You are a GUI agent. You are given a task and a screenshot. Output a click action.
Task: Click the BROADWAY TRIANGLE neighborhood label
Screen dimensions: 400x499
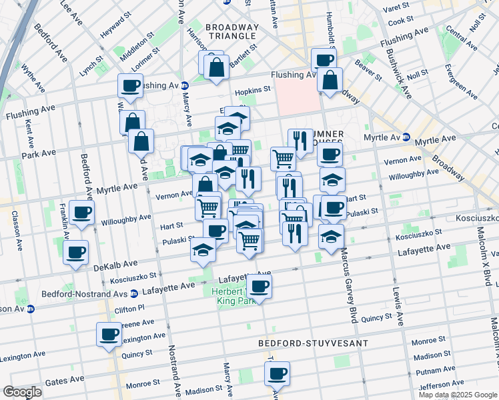[x=231, y=31]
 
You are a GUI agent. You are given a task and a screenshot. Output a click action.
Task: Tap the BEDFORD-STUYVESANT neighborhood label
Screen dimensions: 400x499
[x=314, y=343]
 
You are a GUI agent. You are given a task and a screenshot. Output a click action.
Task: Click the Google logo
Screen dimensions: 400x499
[x=22, y=392]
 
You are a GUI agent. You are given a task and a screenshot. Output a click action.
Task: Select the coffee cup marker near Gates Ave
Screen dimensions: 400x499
[x=276, y=375]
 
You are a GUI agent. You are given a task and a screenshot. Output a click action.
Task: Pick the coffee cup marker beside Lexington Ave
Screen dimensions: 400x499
[x=109, y=336]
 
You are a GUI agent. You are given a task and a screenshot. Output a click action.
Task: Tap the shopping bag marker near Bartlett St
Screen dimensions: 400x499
[x=216, y=68]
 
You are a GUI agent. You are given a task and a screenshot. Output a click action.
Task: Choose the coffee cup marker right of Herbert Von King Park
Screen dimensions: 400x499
[x=259, y=287]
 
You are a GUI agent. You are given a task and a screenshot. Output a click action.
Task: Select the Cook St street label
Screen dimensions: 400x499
[x=401, y=21]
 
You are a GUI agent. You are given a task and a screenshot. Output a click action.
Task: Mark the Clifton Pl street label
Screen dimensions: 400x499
[x=130, y=309]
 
